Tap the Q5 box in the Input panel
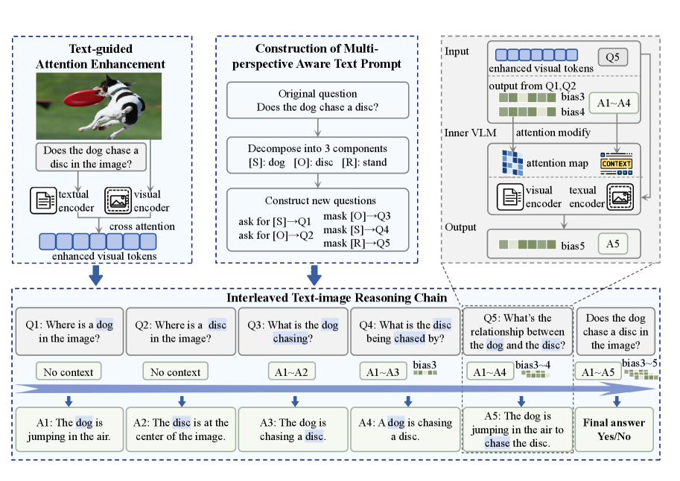612,57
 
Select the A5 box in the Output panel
614,244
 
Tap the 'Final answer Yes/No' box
614,430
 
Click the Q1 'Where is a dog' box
68,331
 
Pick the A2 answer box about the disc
181,430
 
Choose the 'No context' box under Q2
176,371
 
